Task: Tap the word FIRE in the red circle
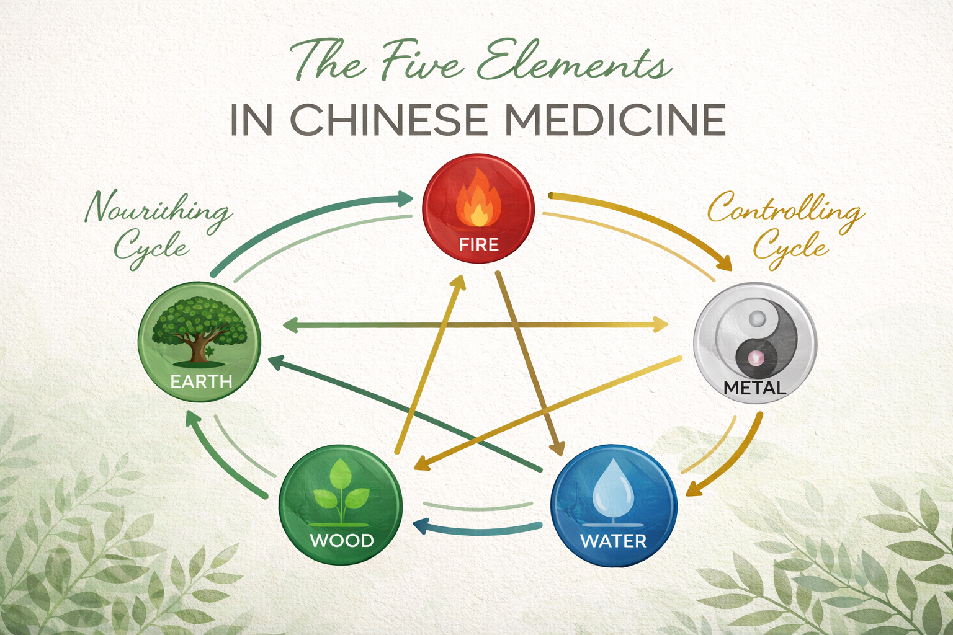pyautogui.click(x=479, y=244)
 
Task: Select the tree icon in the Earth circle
pyautogui.click(x=199, y=329)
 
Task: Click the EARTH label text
pyautogui.click(x=201, y=381)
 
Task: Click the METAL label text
pyautogui.click(x=755, y=388)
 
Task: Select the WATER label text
pyautogui.click(x=613, y=541)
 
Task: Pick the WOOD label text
pyautogui.click(x=341, y=541)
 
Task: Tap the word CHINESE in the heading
pyautogui.click(x=388, y=120)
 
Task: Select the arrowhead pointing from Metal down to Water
pyautogui.click(x=694, y=490)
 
